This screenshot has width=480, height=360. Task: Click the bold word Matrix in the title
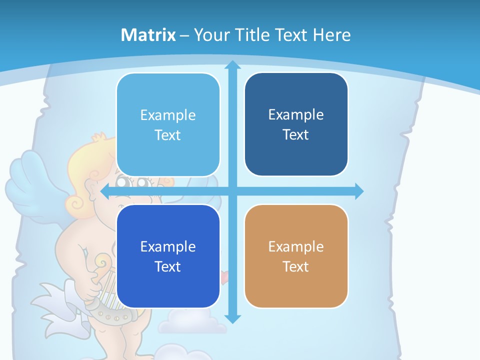pos(148,35)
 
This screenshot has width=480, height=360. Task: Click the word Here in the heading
pos(332,35)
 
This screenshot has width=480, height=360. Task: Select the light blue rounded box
pos(168,125)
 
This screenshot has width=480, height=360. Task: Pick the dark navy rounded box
pos(296,124)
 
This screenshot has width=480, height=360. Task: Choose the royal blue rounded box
pos(168,256)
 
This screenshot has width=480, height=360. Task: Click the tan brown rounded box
pos(296,256)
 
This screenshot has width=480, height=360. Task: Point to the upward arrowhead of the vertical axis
pos(232,65)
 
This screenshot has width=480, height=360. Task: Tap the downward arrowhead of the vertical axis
pos(232,318)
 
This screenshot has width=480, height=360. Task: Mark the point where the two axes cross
pos(232,191)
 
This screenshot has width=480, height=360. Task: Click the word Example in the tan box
pos(296,246)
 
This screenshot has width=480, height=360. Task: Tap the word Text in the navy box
pos(296,135)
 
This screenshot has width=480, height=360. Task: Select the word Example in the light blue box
pos(168,115)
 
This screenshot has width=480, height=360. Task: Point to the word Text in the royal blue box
pos(168,266)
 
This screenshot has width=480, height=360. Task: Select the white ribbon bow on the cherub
pos(55,305)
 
